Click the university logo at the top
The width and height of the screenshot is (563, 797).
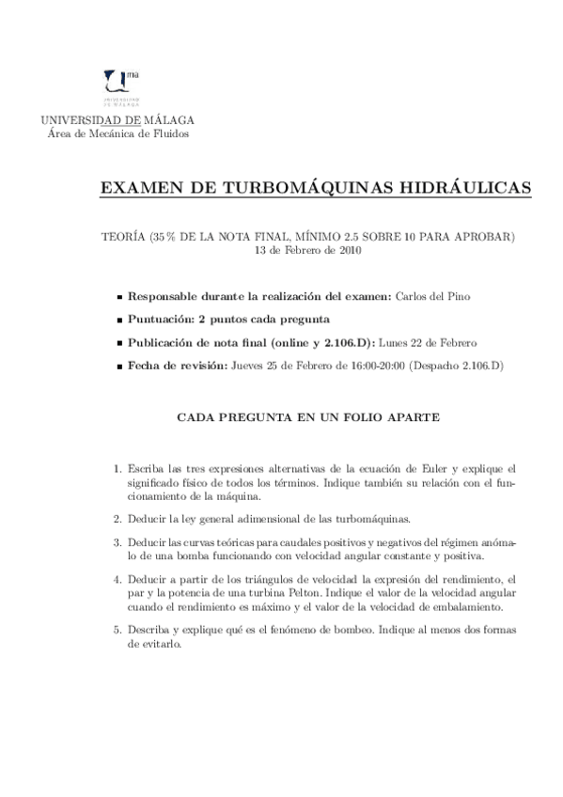[x=118, y=86]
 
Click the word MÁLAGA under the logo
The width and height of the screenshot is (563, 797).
[x=170, y=119]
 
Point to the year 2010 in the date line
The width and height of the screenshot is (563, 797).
[x=348, y=251]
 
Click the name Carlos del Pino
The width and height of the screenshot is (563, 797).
[x=433, y=296]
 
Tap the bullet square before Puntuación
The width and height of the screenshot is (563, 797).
[x=118, y=320]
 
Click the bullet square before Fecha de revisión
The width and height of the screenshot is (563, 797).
[x=118, y=365]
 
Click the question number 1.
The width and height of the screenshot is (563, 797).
[x=117, y=468]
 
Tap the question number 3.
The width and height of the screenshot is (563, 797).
[x=117, y=542]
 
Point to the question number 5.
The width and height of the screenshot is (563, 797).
[x=117, y=629]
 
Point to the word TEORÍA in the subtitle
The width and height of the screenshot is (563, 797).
[x=122, y=236]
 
